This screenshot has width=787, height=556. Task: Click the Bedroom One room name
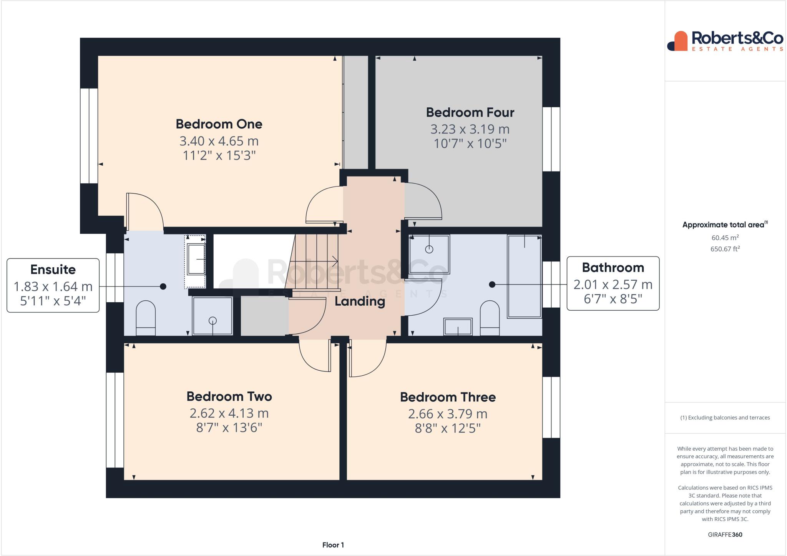pos(219,124)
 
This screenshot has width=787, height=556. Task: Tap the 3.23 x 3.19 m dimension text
pos(470,129)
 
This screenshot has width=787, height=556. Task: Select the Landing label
pos(360,301)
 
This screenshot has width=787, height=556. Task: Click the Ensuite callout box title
pos(53,270)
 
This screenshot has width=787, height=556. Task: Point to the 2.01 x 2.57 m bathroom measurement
pos(613,285)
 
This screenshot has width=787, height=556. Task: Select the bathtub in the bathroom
pos(524,276)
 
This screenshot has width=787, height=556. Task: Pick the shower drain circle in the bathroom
pos(429,250)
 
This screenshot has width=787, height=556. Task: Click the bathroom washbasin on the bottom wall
pos(458,326)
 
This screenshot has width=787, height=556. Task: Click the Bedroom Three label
pos(448,397)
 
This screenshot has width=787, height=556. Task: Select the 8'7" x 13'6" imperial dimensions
pos(229,428)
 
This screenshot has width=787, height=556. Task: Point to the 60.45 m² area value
pos(725,238)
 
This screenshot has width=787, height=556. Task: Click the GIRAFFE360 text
pos(725,534)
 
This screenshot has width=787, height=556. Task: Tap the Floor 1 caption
pos(333,545)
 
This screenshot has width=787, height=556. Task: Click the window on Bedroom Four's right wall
pos(551,139)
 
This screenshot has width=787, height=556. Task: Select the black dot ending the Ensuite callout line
pos(163,286)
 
